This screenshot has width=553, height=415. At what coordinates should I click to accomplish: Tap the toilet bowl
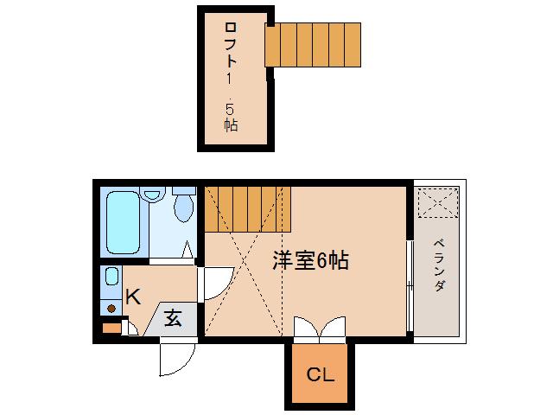[183, 207]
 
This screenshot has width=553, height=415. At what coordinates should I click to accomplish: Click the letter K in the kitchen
[132, 297]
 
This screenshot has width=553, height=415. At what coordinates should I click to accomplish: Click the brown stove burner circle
[111, 307]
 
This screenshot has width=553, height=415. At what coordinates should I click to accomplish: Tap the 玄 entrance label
[173, 317]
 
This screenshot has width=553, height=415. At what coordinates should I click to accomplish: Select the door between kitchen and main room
[213, 284]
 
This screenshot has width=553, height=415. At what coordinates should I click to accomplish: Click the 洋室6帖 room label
[311, 261]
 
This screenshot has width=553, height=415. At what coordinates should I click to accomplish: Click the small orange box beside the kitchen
[111, 328]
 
